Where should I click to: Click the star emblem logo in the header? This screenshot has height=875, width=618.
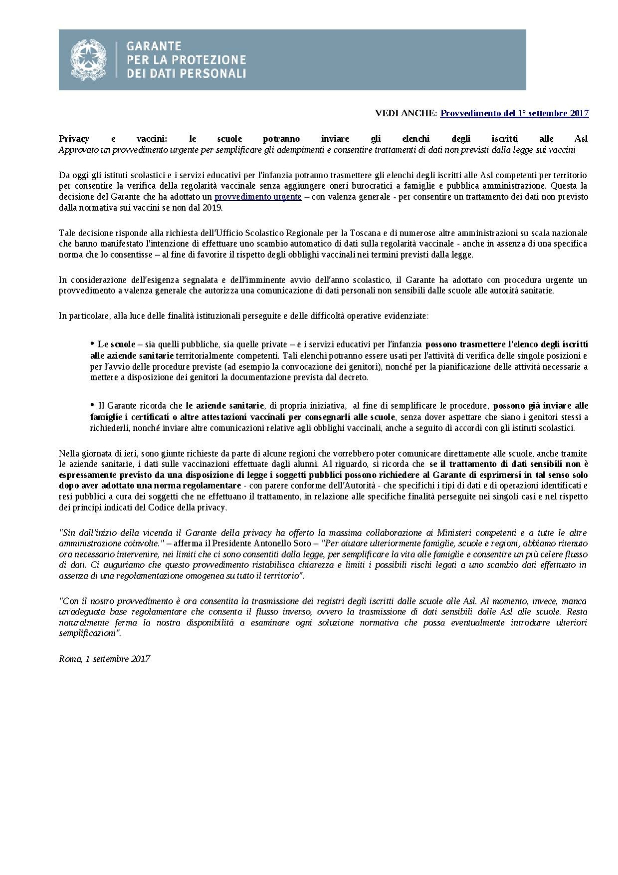click(x=88, y=60)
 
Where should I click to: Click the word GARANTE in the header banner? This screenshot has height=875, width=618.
click(x=154, y=46)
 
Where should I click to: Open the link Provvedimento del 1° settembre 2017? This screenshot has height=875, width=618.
click(x=514, y=113)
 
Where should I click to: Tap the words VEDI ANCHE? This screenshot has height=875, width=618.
click(x=406, y=113)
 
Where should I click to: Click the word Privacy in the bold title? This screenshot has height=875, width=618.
click(x=74, y=139)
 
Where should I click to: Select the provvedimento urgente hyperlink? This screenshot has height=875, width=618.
click(x=258, y=197)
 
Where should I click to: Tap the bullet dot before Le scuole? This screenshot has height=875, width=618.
click(x=92, y=343)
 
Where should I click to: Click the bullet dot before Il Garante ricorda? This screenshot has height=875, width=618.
click(x=92, y=405)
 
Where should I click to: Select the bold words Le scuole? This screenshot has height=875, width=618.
click(x=116, y=344)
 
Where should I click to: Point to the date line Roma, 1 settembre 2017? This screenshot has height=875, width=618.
click(x=104, y=659)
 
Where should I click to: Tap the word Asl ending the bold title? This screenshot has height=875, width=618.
click(x=581, y=139)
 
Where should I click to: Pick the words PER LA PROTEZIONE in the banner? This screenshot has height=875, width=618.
click(x=186, y=60)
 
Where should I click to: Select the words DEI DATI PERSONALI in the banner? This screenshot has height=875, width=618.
click(x=186, y=73)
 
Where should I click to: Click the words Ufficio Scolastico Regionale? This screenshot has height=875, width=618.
click(x=254, y=233)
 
